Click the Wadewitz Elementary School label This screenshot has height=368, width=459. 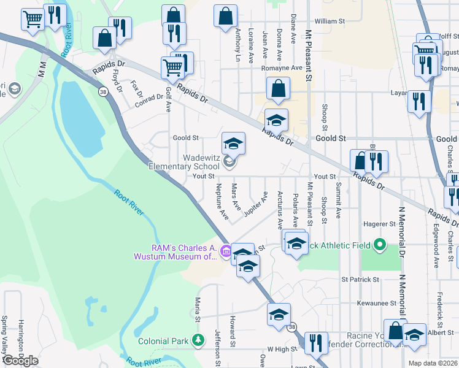184,162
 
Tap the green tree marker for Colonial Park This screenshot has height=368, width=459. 198,340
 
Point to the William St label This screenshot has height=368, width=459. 330,21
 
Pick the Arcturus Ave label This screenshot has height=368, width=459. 279,211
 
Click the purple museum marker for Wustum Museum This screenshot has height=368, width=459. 226,250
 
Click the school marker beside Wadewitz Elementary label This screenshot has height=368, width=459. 229,162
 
